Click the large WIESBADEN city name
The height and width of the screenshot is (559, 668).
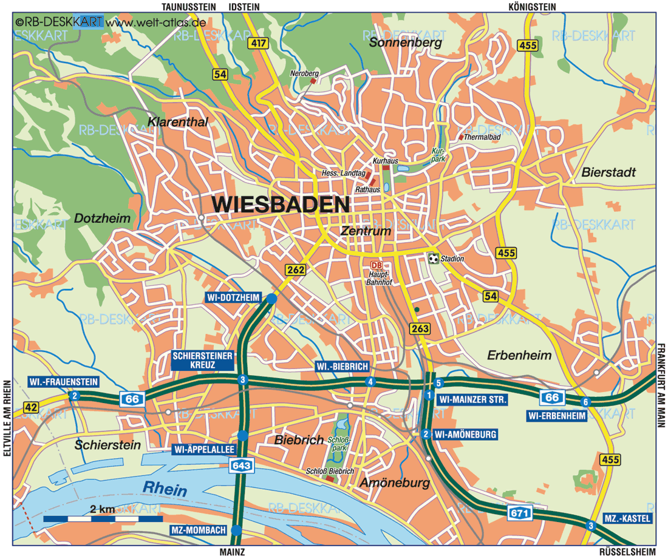point(281,205)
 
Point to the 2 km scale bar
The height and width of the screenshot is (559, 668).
point(103,519)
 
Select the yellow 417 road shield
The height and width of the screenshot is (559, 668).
point(257,44)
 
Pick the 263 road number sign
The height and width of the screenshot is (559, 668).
point(420,328)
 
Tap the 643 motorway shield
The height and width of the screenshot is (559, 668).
point(241,465)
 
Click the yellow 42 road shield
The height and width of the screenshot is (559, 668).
point(31,407)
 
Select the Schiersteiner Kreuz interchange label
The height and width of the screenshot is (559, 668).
point(203,361)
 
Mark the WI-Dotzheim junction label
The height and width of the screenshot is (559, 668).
point(232,297)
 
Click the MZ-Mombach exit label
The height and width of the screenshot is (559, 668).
point(199,530)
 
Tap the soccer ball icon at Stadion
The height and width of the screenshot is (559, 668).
point(433,259)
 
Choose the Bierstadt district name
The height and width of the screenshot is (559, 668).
point(608,172)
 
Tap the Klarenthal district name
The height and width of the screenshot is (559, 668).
point(177,122)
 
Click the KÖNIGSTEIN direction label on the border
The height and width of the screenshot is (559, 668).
point(533,7)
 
